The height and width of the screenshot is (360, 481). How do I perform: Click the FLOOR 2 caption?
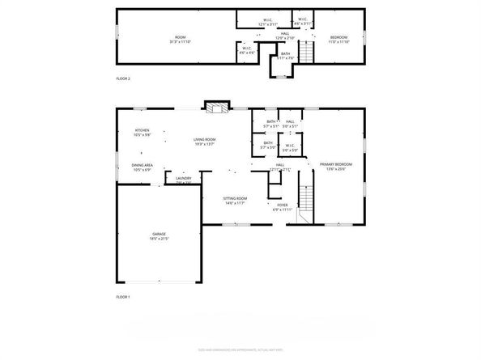click(x=123, y=78)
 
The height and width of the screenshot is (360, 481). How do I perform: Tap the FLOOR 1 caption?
click(x=123, y=298)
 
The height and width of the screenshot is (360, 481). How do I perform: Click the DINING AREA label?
click(x=143, y=168)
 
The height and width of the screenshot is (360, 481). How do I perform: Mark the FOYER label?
click(x=283, y=206)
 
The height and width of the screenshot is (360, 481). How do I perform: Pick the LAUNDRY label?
click(x=183, y=180)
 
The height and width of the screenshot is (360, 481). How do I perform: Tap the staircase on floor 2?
click(x=306, y=53)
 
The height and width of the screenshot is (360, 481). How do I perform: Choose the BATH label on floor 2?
click(x=285, y=55)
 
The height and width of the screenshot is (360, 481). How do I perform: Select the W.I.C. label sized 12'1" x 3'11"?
click(x=267, y=23)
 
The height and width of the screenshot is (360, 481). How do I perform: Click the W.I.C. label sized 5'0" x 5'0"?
click(x=291, y=149)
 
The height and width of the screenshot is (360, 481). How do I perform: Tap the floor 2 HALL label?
click(x=285, y=36)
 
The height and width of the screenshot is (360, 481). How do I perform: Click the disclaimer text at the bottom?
click(x=240, y=348)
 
